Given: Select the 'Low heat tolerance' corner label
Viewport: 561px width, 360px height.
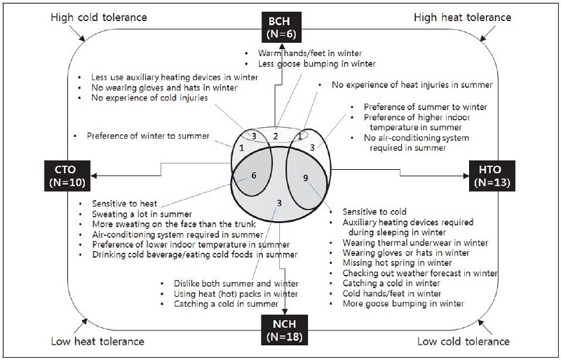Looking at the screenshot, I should coord(97,342).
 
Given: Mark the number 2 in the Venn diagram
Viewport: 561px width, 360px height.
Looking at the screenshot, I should coord(276,135).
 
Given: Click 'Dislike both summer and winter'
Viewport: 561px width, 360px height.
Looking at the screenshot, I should coord(235,284).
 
